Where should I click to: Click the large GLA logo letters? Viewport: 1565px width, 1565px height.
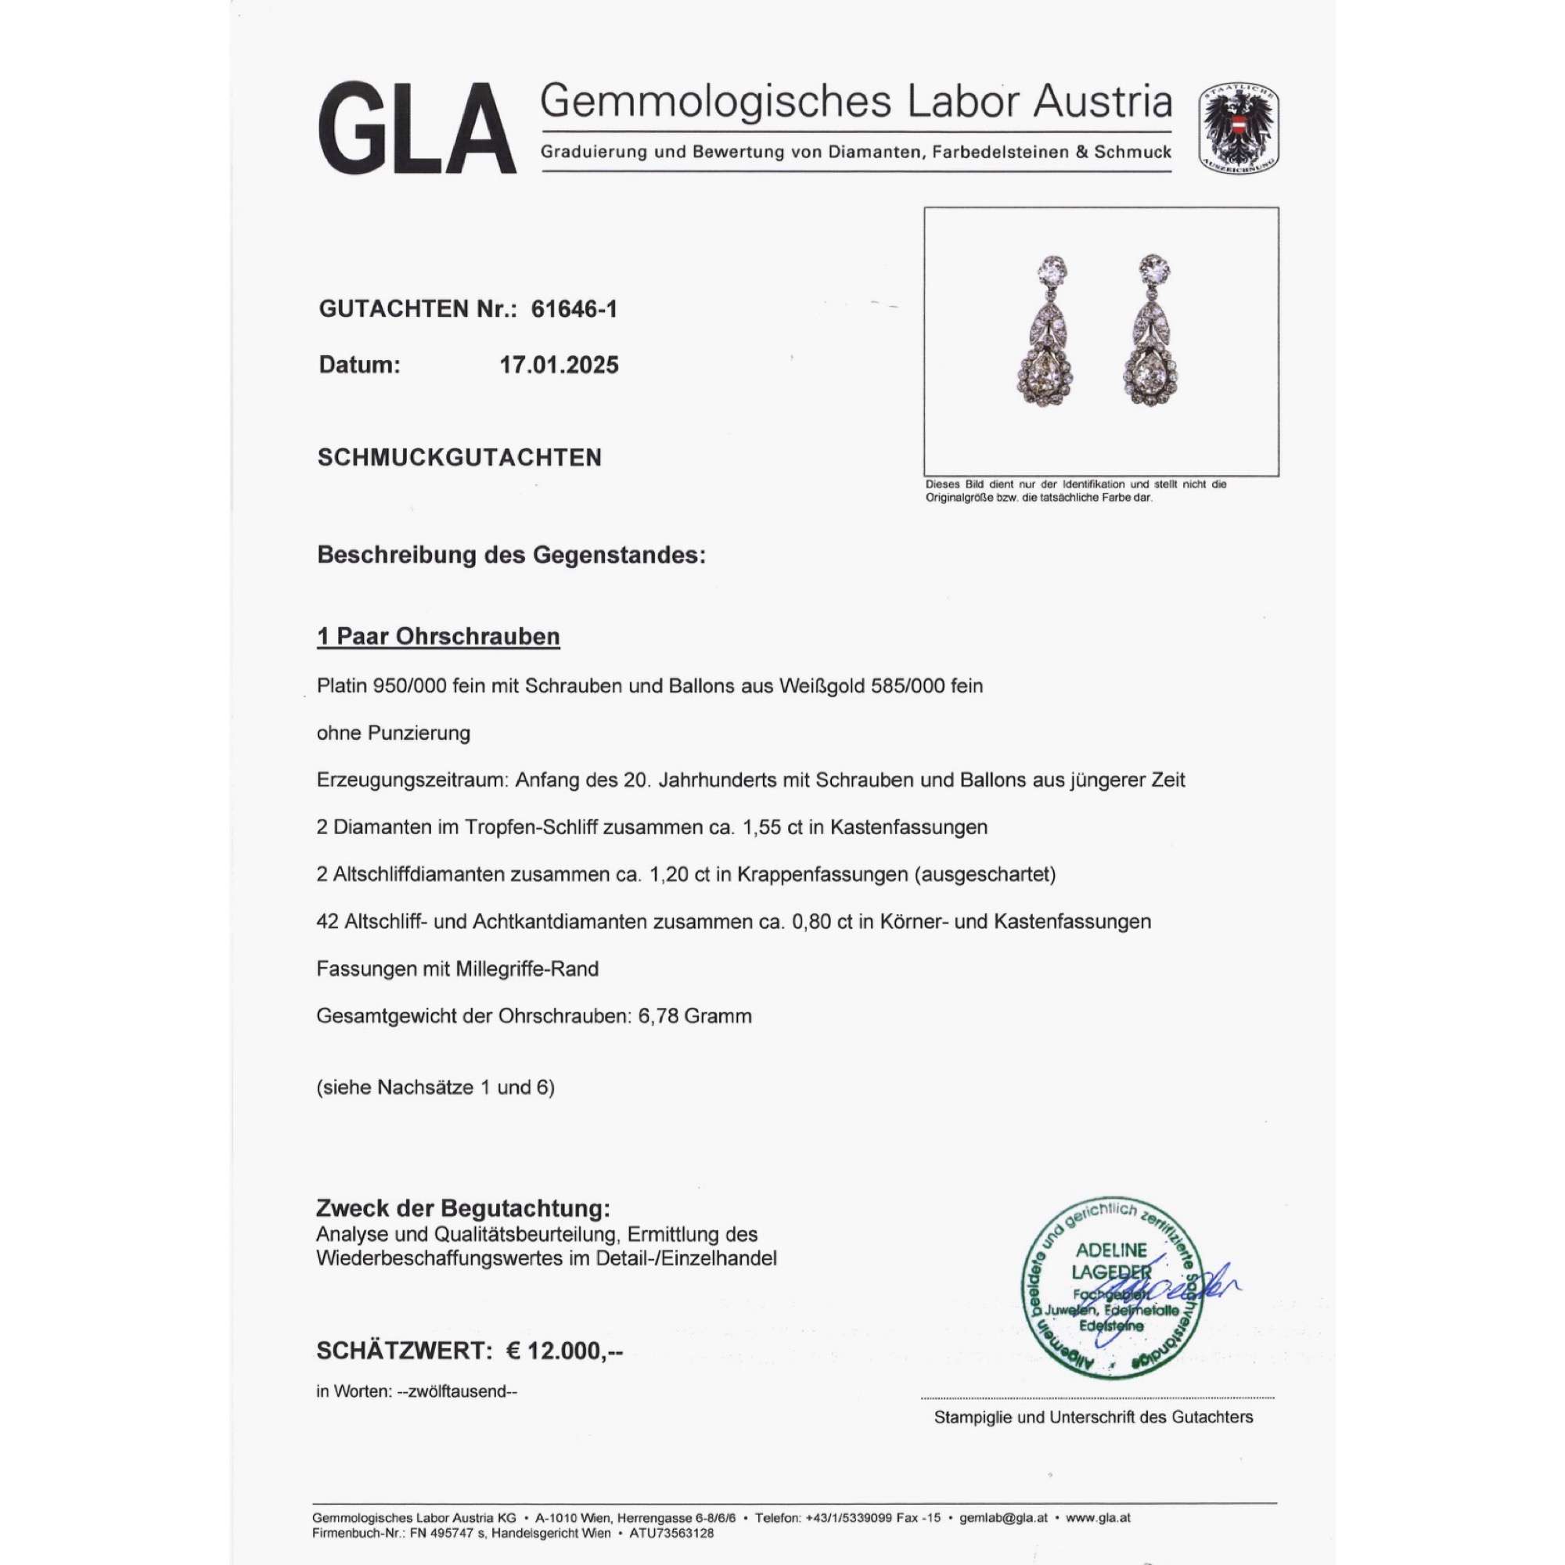416,130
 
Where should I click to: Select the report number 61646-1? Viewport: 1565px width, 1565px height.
574,308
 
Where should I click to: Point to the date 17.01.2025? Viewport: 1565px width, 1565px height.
559,365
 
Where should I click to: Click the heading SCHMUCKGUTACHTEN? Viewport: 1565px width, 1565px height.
459,458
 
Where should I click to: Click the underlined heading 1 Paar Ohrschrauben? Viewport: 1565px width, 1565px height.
438,637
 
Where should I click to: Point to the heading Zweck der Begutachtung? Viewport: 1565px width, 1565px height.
462,1210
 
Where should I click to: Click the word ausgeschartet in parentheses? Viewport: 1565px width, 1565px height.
1002,875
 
